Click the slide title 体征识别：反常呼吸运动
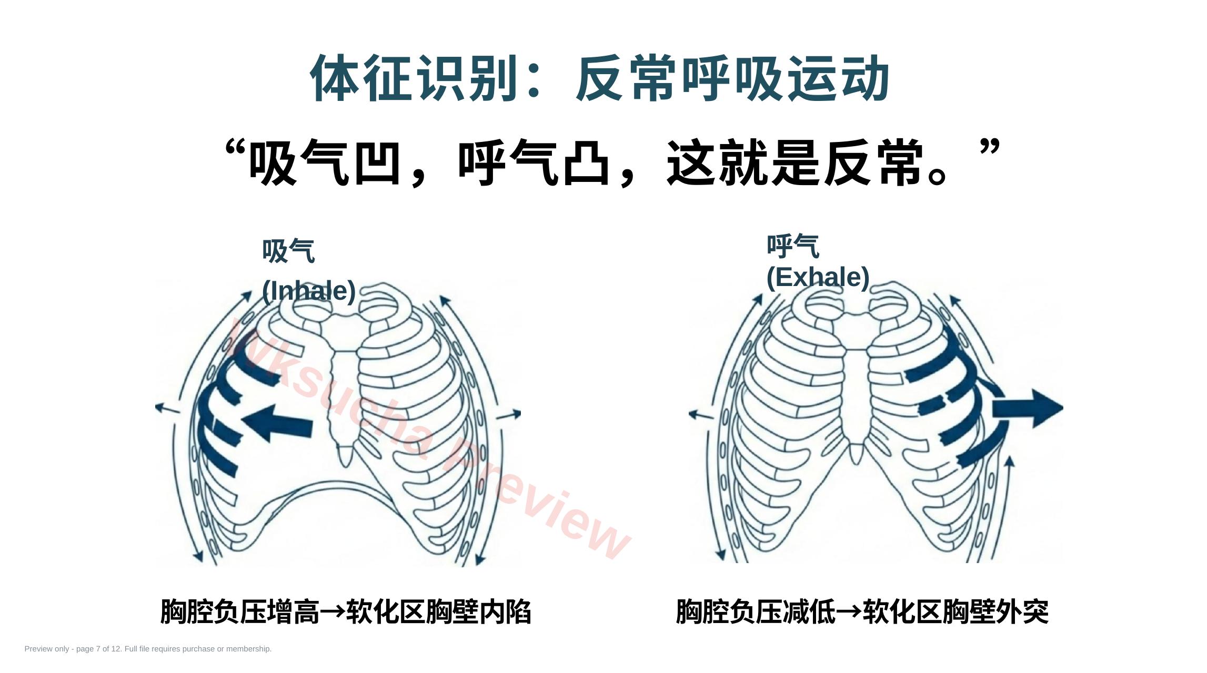click(600, 78)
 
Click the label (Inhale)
click(309, 291)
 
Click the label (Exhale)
click(818, 277)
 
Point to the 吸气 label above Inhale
click(288, 251)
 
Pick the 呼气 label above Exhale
click(793, 246)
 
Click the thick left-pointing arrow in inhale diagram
click(277, 423)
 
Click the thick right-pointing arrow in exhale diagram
click(1027, 408)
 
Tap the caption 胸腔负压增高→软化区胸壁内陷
click(346, 611)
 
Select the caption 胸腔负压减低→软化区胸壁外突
click(862, 611)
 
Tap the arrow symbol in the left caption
click(333, 611)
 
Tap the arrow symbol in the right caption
click(849, 611)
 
